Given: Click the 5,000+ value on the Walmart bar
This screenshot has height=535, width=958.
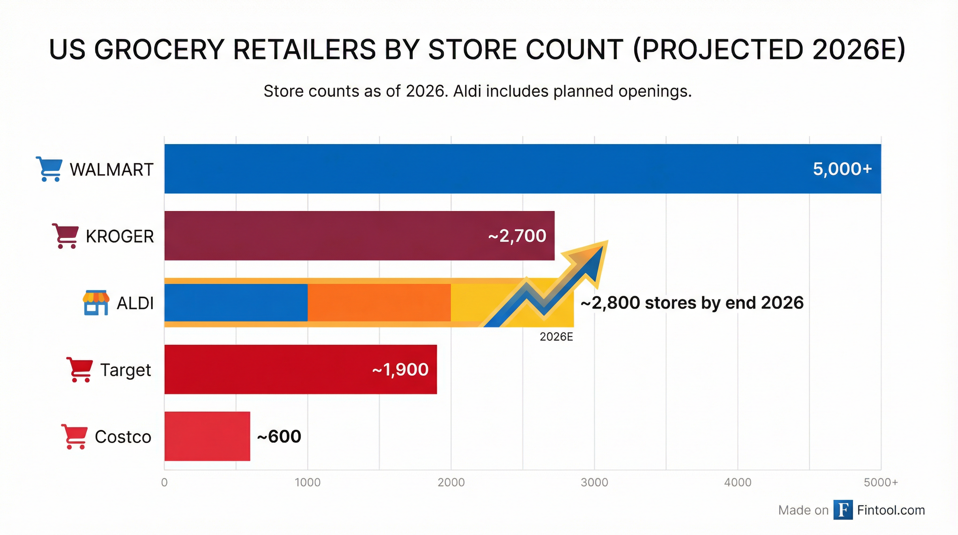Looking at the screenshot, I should tap(842, 169).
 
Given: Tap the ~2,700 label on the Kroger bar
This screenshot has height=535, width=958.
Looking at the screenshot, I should tap(517, 236).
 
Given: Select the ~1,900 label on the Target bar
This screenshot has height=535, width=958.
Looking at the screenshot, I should tap(400, 370).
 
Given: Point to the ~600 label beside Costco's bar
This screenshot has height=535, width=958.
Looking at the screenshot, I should tap(279, 436).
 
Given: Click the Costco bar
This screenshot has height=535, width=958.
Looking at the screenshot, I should tap(207, 436).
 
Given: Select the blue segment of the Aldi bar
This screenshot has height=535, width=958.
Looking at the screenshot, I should tap(236, 302).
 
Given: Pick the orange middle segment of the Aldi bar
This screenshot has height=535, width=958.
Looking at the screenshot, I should tap(379, 302).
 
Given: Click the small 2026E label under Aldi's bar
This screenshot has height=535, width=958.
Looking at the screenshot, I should tap(556, 337).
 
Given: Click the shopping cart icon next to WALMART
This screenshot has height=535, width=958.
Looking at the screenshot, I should tap(49, 169).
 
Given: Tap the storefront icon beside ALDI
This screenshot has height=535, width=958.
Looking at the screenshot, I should tap(96, 302).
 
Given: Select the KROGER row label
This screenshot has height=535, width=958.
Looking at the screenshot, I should tap(119, 237).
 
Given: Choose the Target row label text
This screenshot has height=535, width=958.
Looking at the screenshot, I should tap(125, 370).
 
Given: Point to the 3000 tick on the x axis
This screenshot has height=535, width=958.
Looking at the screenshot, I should tap(594, 482).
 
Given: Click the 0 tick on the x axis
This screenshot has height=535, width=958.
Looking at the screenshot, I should tap(164, 482).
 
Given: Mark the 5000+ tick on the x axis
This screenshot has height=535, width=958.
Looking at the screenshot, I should tap(881, 482).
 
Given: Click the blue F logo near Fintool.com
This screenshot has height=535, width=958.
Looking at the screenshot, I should tap(843, 510).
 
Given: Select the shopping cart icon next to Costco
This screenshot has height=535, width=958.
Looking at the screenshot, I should tap(74, 436).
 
